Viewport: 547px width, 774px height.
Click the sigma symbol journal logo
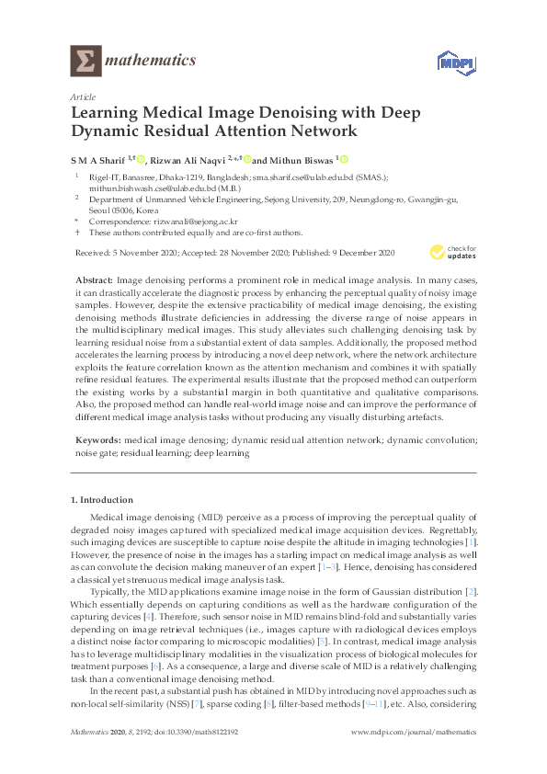(x=85, y=62)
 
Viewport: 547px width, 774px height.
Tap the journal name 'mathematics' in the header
(x=152, y=62)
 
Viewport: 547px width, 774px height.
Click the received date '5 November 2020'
(x=143, y=252)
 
